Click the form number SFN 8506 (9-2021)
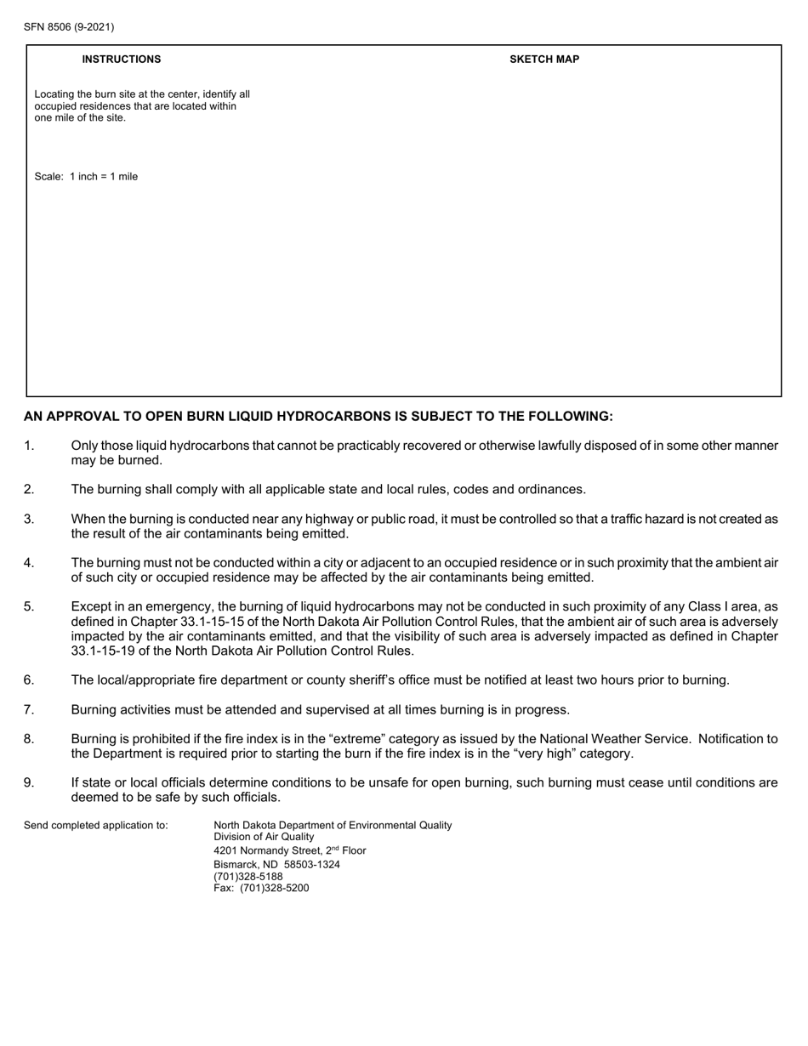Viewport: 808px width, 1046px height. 69,27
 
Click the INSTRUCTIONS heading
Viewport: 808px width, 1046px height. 121,60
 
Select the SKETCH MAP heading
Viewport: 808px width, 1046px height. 544,60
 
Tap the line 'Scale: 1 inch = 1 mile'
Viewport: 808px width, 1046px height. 86,177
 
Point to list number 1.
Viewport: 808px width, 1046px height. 29,446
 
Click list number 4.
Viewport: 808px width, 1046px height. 29,563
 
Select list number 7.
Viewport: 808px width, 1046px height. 29,710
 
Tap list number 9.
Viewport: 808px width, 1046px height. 29,783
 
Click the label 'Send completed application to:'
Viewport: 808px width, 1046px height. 96,826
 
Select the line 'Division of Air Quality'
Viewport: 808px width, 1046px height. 264,838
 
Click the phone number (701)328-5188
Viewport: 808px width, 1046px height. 248,877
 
